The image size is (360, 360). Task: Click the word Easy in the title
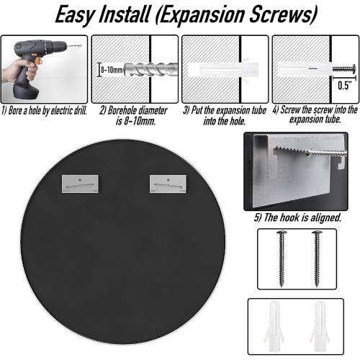click(x=75, y=14)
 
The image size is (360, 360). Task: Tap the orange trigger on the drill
click(x=38, y=62)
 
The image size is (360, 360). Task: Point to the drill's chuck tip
click(x=76, y=45)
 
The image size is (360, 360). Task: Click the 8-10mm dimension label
click(x=112, y=70)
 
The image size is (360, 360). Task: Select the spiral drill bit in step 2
click(x=150, y=69)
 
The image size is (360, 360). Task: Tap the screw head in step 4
click(x=354, y=69)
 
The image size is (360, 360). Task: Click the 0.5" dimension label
click(x=345, y=85)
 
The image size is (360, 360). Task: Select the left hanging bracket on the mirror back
click(x=80, y=184)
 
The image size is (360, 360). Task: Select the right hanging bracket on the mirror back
click(x=168, y=184)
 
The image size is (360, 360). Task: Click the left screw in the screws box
click(x=282, y=258)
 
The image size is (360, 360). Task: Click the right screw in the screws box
click(x=317, y=258)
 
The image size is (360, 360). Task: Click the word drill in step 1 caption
click(x=81, y=111)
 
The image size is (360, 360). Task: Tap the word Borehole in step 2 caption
click(x=122, y=111)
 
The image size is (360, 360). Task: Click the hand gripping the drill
click(x=19, y=70)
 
